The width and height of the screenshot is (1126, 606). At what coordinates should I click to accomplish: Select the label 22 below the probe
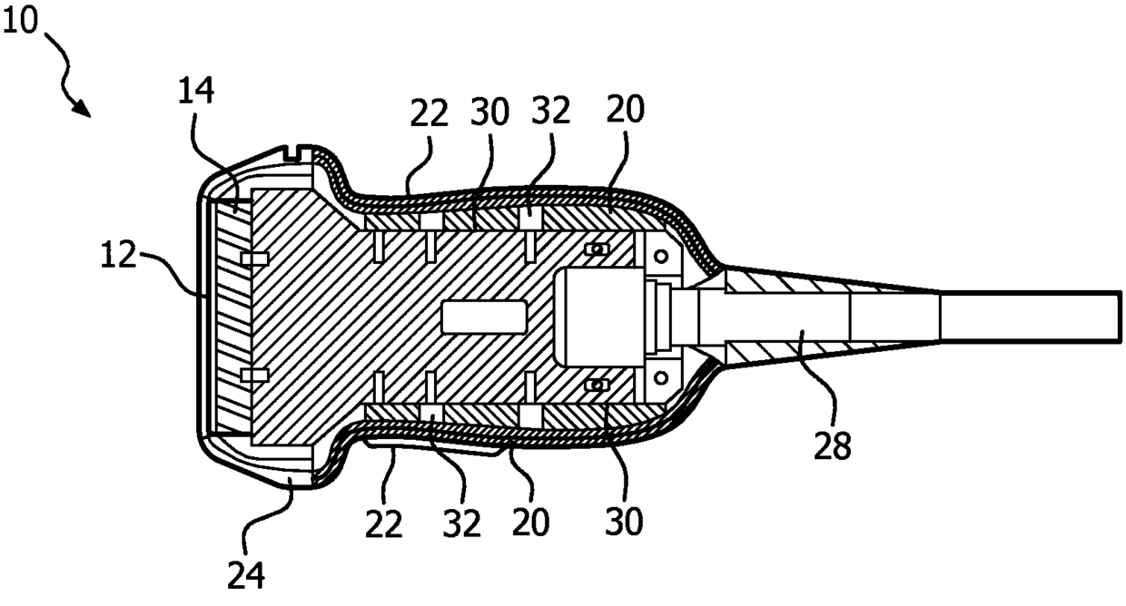click(x=384, y=523)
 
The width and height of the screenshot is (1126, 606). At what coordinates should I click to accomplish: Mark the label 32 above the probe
click(x=550, y=112)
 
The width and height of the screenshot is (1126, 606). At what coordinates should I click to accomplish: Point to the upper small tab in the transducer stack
click(x=253, y=259)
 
